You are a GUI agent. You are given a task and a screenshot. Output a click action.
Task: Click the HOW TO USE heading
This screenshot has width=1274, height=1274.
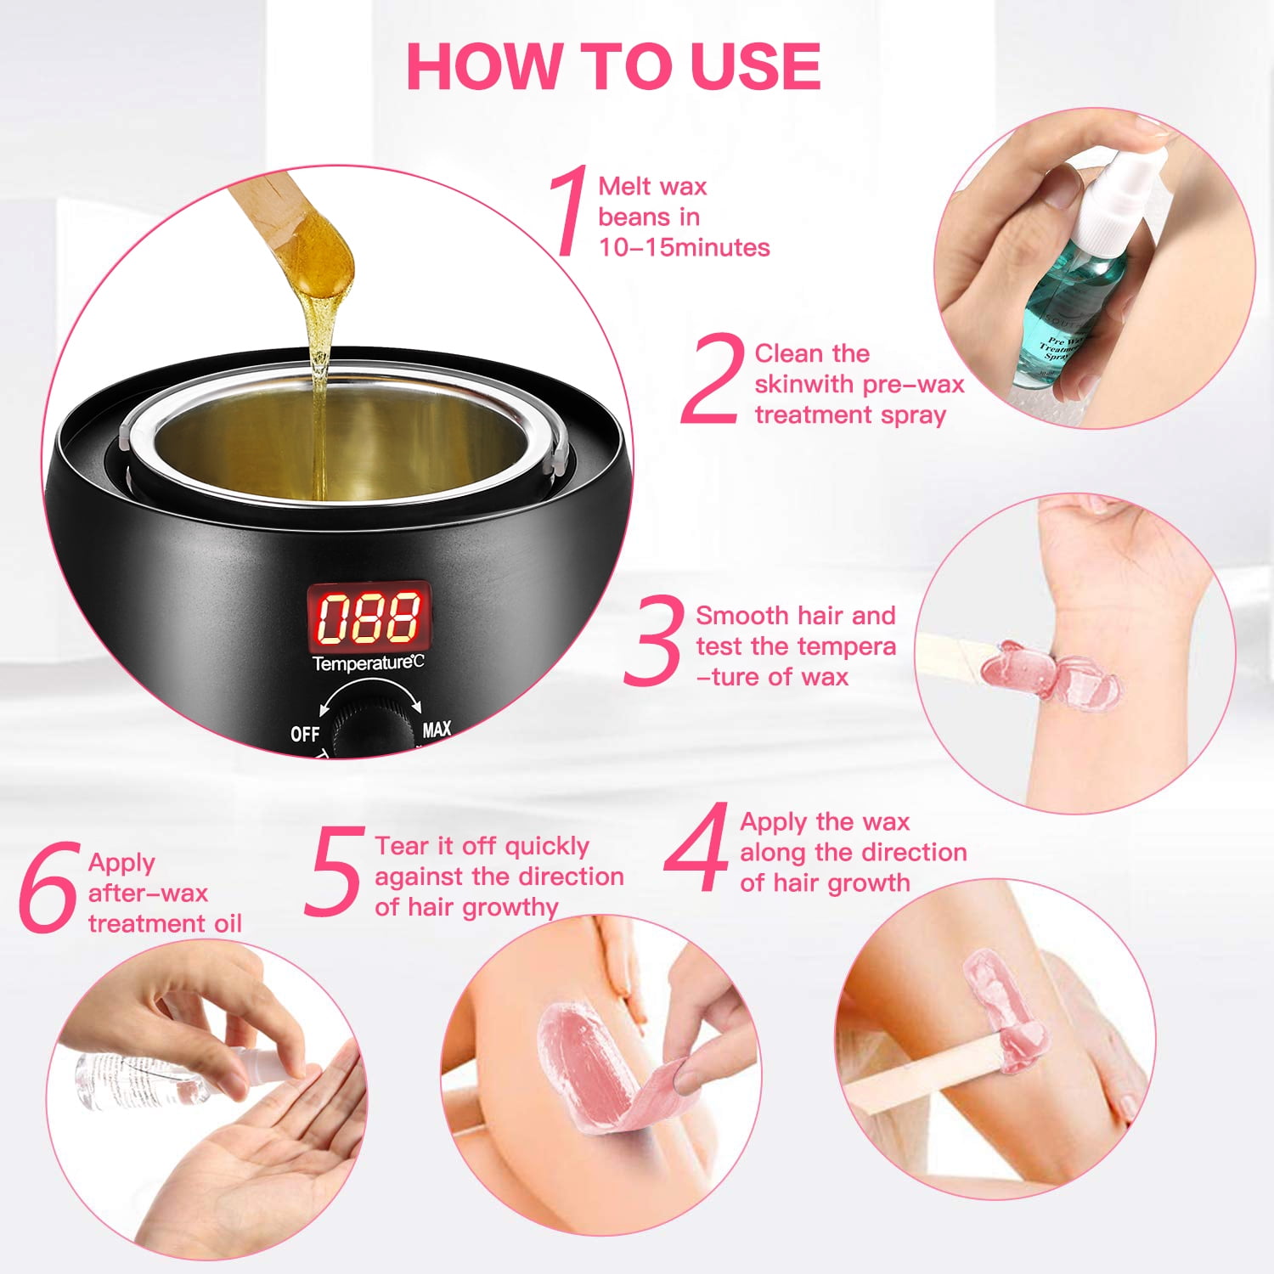coord(613,65)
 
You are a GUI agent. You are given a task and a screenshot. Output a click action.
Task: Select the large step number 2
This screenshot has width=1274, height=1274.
coord(712,380)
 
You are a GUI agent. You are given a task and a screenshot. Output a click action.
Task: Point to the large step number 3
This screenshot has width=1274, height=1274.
coord(653,641)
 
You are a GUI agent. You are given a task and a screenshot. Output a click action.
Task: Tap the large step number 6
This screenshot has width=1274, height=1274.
coord(49,888)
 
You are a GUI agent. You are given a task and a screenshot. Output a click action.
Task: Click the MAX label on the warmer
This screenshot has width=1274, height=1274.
coord(437,730)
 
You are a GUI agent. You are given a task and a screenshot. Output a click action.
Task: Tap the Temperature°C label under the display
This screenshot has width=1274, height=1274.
coord(367,663)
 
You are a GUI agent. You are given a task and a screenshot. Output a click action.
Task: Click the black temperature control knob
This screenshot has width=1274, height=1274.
coord(369,729)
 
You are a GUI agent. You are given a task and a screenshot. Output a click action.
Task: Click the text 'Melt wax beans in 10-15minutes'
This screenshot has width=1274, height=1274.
coord(671,217)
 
